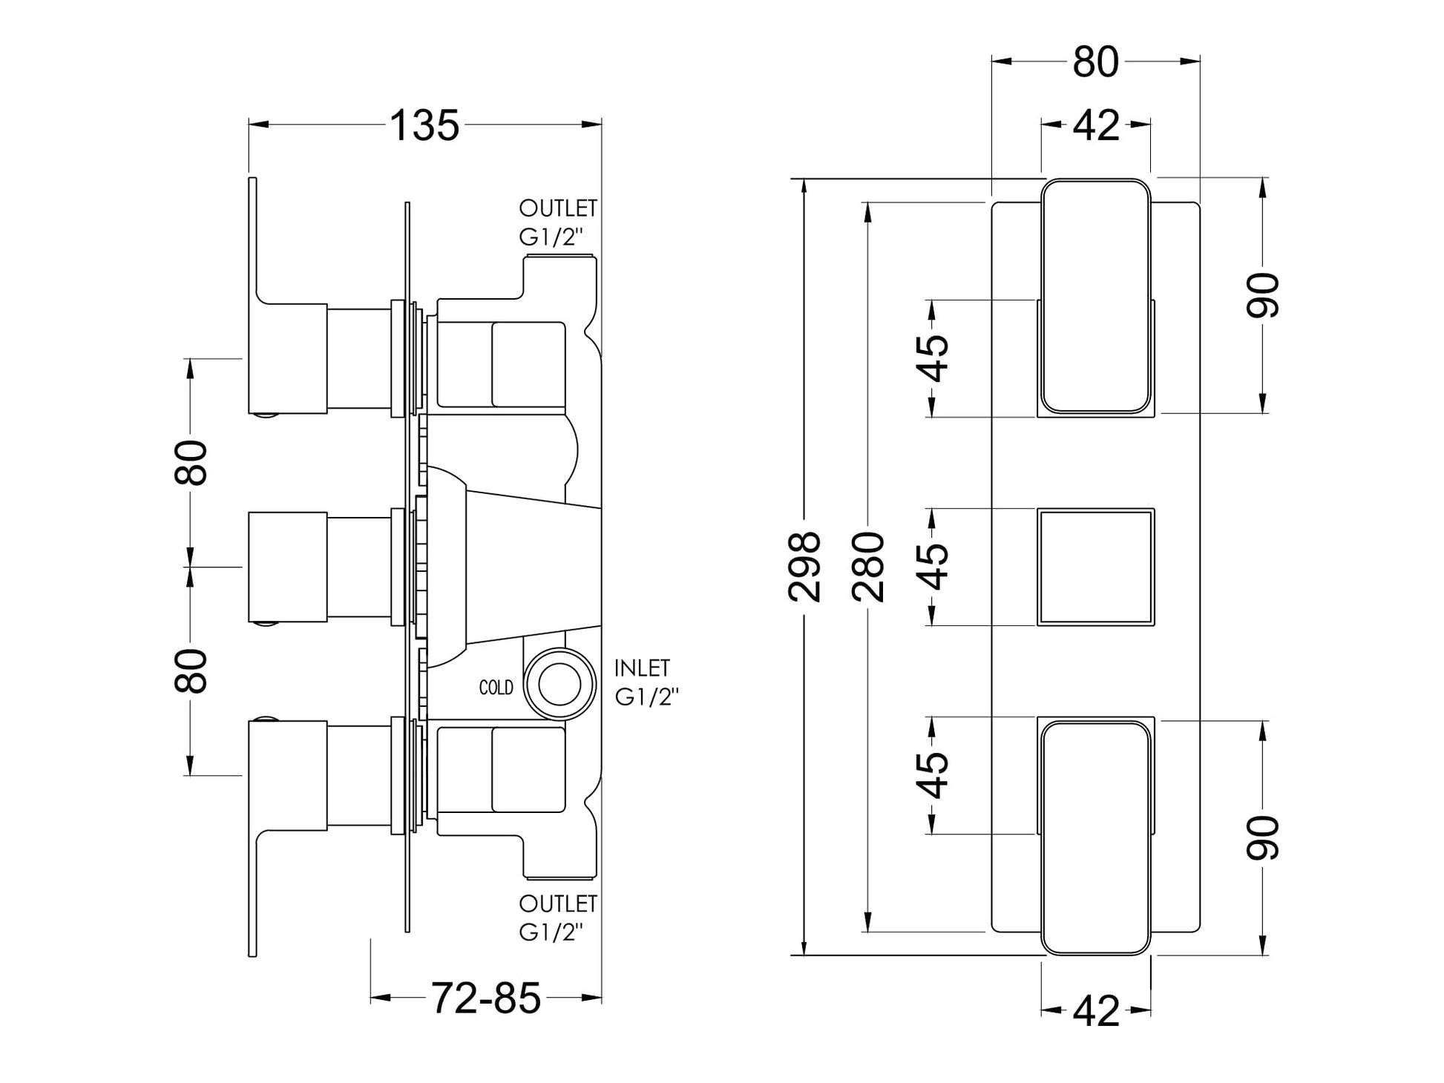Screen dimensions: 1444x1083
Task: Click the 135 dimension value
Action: click(x=424, y=125)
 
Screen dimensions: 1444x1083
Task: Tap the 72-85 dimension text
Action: click(x=486, y=998)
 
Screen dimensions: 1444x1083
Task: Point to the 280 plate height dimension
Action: click(x=869, y=567)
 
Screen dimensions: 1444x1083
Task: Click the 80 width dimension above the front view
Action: click(x=1095, y=62)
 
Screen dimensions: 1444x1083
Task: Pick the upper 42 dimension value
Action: click(x=1096, y=125)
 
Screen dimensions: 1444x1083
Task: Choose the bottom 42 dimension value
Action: click(x=1096, y=1010)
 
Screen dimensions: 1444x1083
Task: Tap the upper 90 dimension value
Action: click(x=1263, y=295)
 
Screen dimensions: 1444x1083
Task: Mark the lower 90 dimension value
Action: click(x=1263, y=838)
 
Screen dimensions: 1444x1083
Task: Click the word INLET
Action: click(x=643, y=668)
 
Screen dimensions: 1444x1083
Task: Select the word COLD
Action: click(x=496, y=688)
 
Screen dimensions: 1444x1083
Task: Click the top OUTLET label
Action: click(x=558, y=208)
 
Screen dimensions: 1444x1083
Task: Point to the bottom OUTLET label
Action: click(x=558, y=903)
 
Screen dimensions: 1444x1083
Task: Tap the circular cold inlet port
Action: click(x=559, y=685)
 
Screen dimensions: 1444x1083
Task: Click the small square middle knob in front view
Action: click(x=1095, y=567)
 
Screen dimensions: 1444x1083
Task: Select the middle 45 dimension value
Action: click(x=936, y=567)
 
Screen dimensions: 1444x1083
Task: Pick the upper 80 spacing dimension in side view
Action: click(x=191, y=462)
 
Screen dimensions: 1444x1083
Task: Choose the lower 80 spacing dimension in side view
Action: click(x=191, y=671)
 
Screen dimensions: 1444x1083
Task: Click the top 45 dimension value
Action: click(x=936, y=358)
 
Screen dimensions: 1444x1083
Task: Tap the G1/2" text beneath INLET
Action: click(x=647, y=697)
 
